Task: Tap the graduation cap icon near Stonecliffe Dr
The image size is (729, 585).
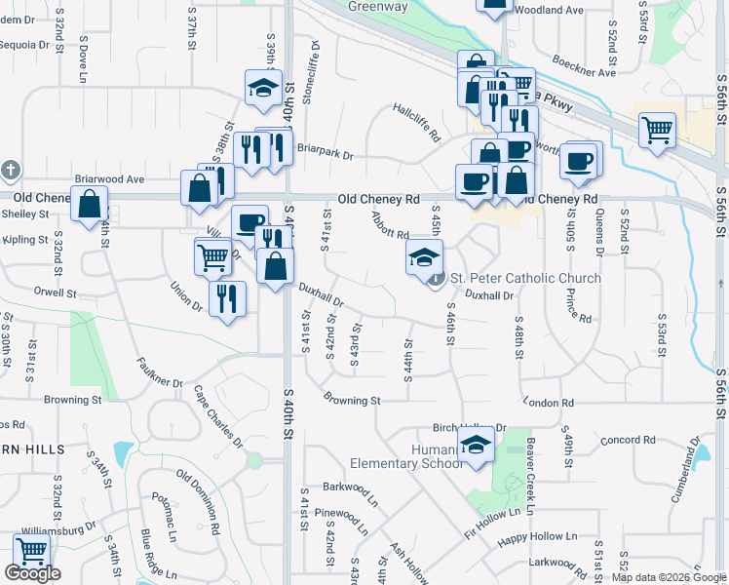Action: click(x=263, y=89)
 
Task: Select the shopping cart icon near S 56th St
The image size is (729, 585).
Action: click(x=657, y=129)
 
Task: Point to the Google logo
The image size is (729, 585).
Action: click(x=32, y=573)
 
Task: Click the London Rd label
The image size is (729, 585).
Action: click(x=549, y=402)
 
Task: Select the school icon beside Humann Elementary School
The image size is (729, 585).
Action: click(x=476, y=447)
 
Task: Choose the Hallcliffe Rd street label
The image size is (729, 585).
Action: click(x=417, y=122)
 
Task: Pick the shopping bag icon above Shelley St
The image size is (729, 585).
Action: click(x=89, y=205)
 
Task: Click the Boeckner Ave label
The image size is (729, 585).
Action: click(x=584, y=72)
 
